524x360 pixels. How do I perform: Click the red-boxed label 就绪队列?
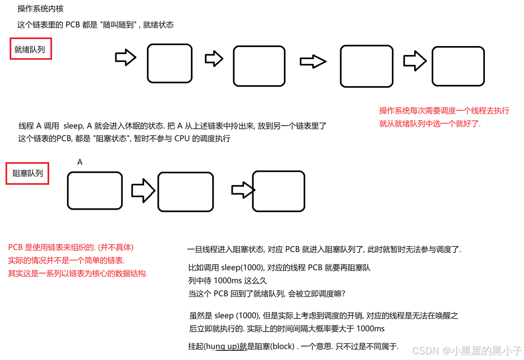[30, 49]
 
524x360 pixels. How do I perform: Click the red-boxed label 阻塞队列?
[27, 173]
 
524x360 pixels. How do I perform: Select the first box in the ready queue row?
[169, 63]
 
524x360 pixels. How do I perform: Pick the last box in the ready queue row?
[458, 66]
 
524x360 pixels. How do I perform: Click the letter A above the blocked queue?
[80, 163]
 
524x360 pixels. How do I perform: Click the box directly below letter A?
[95, 190]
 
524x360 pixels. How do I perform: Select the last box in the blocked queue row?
[278, 191]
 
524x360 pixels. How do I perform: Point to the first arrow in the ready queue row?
[125, 58]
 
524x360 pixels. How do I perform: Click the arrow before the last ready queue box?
[415, 61]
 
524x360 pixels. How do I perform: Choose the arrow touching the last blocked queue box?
[243, 190]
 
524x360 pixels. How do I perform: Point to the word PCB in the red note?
[15, 248]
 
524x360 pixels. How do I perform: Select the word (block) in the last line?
[282, 346]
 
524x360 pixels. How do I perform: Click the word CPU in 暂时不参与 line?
[183, 138]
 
